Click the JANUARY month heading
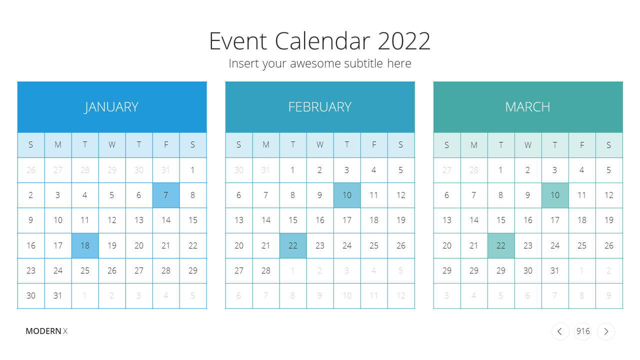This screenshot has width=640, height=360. [111, 107]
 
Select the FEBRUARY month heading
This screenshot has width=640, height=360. [319, 107]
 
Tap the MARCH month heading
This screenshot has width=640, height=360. [527, 107]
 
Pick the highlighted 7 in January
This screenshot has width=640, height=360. [166, 195]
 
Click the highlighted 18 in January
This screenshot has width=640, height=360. [85, 245]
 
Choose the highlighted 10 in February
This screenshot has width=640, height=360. [347, 195]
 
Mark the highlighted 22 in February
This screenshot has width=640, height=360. [293, 245]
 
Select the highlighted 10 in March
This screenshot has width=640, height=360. [555, 195]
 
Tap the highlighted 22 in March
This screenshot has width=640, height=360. [501, 245]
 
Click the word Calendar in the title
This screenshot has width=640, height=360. [322, 41]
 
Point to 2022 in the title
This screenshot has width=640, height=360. [404, 41]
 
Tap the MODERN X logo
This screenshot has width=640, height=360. [46, 331]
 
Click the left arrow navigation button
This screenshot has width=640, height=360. [560, 331]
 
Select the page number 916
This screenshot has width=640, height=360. [583, 331]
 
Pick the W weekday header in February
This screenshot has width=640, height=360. [319, 145]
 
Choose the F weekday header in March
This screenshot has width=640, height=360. [582, 145]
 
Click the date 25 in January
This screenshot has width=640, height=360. [85, 270]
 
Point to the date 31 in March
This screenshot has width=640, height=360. [554, 270]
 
